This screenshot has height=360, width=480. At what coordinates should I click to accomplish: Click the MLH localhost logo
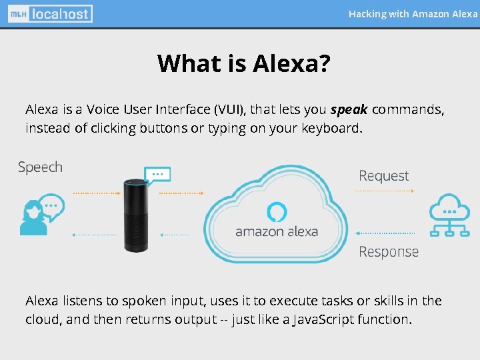(51, 13)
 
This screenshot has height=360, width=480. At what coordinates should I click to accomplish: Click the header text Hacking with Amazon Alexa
(413, 14)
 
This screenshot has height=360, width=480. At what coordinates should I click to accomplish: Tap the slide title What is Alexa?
(244, 63)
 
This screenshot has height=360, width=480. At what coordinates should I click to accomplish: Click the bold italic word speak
(349, 109)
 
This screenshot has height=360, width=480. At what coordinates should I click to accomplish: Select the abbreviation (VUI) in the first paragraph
(229, 109)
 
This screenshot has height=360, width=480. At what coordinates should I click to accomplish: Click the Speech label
(40, 167)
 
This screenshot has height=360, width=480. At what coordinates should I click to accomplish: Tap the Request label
(383, 176)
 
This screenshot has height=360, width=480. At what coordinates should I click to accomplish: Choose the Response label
(388, 252)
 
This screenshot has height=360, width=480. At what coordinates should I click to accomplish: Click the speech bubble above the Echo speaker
(158, 175)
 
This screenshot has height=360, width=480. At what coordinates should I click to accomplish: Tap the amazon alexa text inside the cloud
(277, 232)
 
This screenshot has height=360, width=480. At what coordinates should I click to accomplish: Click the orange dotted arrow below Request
(385, 191)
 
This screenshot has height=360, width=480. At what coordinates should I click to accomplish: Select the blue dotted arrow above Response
(385, 233)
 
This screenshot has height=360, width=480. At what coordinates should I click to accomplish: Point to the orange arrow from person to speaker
(97, 193)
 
